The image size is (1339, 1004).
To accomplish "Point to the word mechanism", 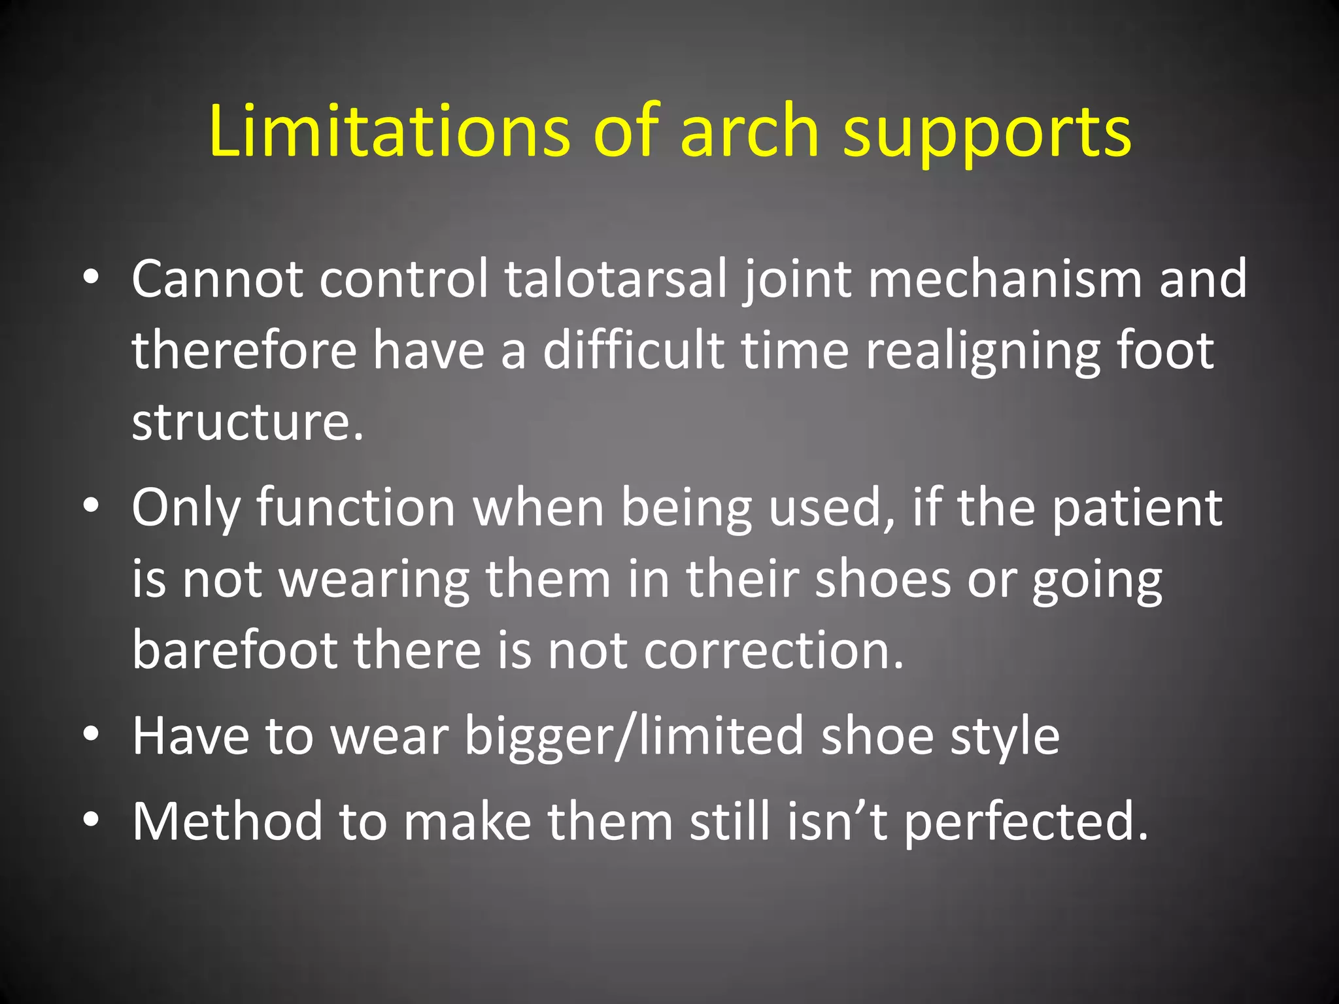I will (x=1005, y=279).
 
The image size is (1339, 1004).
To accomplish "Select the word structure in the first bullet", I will (x=246, y=422).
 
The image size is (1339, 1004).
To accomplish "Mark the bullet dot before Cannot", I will (x=91, y=278).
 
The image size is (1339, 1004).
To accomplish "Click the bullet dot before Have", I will (x=91, y=734).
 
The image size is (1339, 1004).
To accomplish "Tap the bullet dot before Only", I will (x=91, y=506).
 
